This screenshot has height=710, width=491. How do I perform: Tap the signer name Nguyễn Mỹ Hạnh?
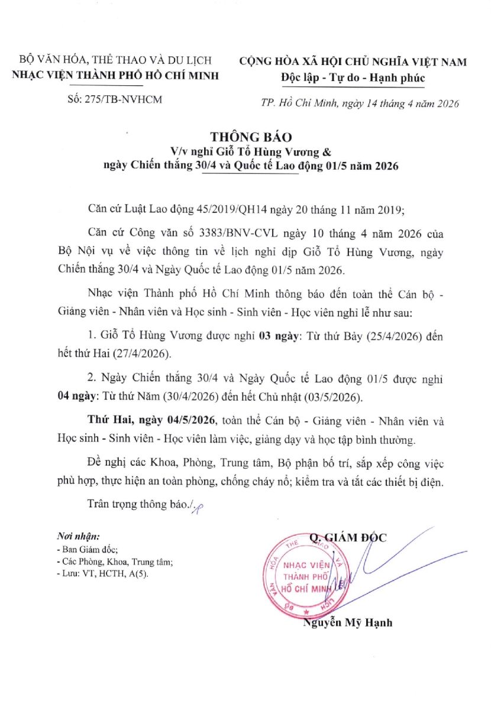click(348, 622)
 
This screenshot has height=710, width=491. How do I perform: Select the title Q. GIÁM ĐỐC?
click(347, 537)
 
